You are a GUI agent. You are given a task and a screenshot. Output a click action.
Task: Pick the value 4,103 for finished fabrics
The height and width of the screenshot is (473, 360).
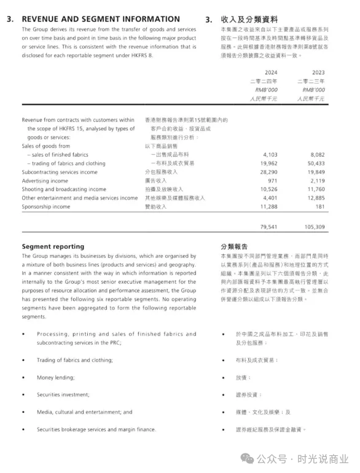coord(270,155)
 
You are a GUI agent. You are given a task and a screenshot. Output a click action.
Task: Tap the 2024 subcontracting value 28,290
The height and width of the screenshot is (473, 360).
coord(268,172)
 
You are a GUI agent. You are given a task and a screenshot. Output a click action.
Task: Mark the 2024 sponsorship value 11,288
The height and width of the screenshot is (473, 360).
coord(268,207)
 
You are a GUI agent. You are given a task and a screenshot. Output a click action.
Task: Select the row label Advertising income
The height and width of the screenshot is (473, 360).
coord(45,181)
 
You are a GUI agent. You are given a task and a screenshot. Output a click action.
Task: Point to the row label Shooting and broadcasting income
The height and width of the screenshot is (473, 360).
coord(64,189)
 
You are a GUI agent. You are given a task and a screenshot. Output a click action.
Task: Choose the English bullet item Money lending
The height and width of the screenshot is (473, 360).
coord(55,377)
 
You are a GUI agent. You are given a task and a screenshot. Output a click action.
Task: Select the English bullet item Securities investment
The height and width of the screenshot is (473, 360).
coord(63,394)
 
